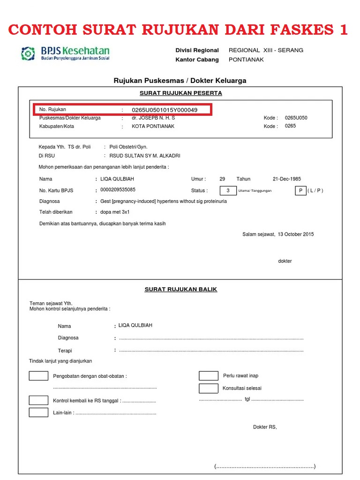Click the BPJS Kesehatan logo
(x=65, y=53)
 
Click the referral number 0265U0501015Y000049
(x=165, y=110)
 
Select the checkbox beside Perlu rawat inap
(x=209, y=375)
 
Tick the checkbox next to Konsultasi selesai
(x=209, y=388)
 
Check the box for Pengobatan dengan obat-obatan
(x=38, y=375)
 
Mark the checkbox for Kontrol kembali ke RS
(x=38, y=400)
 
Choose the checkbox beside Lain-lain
(x=38, y=412)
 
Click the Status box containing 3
(x=228, y=190)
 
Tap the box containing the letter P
(x=300, y=190)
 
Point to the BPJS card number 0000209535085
(x=118, y=190)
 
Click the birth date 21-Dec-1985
(x=287, y=179)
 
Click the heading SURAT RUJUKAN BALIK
(x=181, y=289)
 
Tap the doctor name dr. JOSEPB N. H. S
(x=153, y=118)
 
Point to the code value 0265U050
(x=296, y=118)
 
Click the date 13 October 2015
(x=296, y=234)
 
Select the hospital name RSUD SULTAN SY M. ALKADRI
(x=145, y=156)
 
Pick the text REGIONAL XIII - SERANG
(x=266, y=50)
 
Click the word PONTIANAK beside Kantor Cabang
(x=246, y=60)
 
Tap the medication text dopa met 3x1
(x=115, y=212)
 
